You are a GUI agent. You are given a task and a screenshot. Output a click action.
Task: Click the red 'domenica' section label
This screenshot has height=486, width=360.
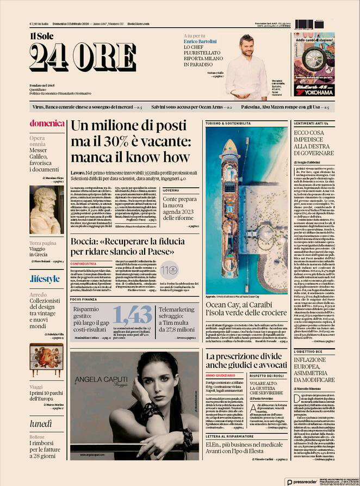tap(47, 123)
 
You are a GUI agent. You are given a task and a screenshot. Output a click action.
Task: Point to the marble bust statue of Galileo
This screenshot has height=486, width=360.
tap(46, 210)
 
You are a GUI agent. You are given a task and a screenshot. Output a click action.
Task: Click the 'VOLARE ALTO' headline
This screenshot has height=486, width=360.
tap(267, 398)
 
